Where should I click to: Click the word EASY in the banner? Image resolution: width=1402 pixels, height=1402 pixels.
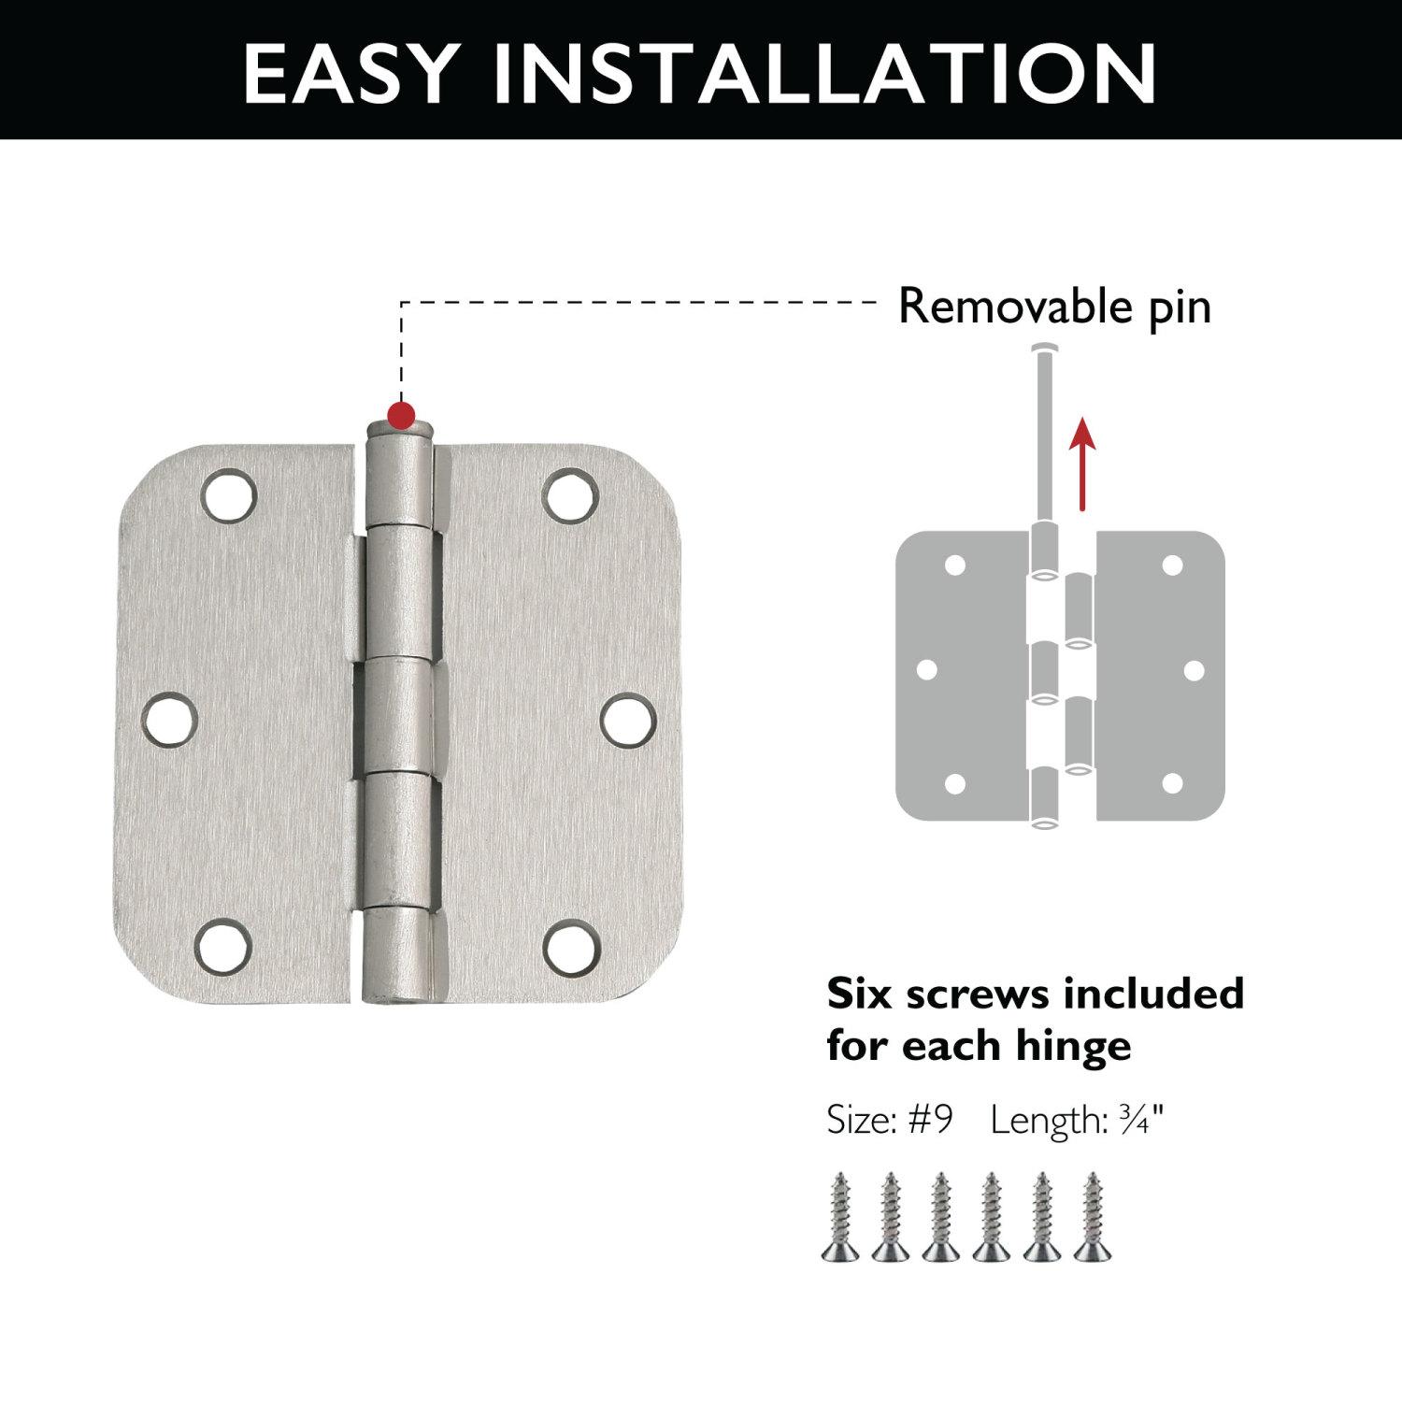point(350,72)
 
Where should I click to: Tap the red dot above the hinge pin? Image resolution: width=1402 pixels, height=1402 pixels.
point(402,414)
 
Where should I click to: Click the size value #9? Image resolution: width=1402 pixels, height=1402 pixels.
point(929,1120)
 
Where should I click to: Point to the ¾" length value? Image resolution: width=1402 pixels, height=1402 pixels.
point(1141,1120)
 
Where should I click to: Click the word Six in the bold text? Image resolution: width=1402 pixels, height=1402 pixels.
point(861,994)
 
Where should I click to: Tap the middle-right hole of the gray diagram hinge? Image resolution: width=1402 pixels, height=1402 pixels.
point(1194,670)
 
